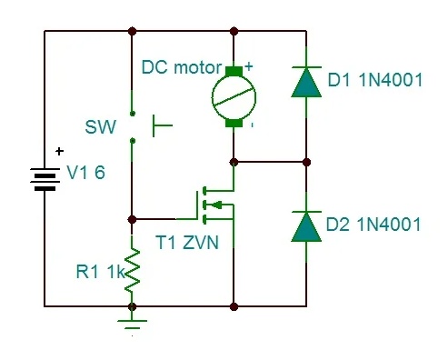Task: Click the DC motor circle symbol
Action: [234, 97]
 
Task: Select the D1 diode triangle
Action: [306, 83]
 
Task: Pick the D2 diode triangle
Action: [306, 226]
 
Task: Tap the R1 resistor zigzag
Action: [132, 270]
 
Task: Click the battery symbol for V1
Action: [45, 180]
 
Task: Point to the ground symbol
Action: [132, 324]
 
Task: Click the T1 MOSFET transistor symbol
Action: [215, 205]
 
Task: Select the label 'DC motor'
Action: [182, 67]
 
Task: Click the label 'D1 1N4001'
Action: [375, 80]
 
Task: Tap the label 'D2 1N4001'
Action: [373, 225]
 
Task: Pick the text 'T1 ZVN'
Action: [187, 243]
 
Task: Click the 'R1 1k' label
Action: [100, 272]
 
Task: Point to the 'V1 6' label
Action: [85, 173]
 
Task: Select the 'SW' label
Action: [101, 127]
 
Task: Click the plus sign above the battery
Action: [59, 151]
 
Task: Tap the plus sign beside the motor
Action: [249, 66]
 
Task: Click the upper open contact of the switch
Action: [132, 114]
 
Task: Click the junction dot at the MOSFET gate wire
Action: [132, 219]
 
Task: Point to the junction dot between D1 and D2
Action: [306, 163]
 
